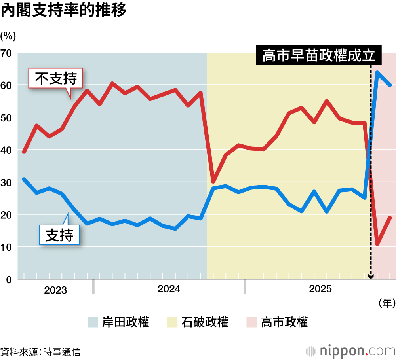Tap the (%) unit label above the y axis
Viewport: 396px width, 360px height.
pos(8,36)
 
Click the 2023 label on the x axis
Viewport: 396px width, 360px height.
pos(55,290)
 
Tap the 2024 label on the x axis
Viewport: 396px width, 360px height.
pos(169,289)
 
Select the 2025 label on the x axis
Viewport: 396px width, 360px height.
pos(320,289)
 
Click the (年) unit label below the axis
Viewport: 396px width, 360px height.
pos(386,303)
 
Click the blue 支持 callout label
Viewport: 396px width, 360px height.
pos(59,235)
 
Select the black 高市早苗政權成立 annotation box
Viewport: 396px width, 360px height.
pos(319,56)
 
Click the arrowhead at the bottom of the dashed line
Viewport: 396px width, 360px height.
pos(371,277)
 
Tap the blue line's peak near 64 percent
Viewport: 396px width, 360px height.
pos(377,72)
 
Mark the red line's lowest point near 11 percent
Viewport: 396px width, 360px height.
pos(377,244)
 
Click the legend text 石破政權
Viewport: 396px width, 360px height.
pos(205,322)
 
